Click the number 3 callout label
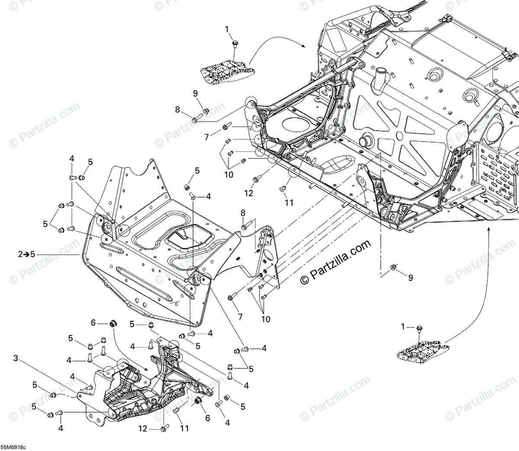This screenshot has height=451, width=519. click(16, 358)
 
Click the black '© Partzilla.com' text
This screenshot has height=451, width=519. click(336, 262)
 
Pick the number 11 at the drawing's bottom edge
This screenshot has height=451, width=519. click(185, 429)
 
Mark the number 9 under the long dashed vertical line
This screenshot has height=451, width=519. click(410, 277)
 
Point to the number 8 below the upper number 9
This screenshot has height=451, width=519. click(177, 110)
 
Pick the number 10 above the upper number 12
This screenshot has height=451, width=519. click(228, 174)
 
